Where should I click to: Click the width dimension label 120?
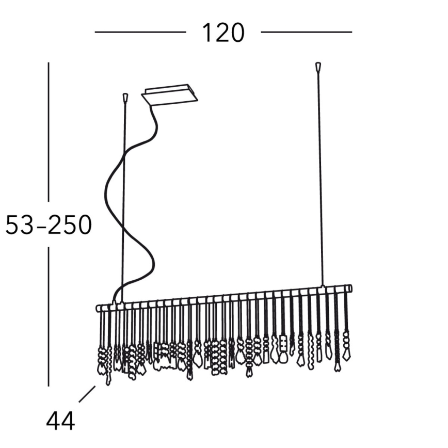click(x=223, y=33)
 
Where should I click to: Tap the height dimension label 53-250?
click(x=49, y=225)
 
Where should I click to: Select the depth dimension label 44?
click(x=60, y=421)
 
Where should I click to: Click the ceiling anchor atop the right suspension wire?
click(x=318, y=67)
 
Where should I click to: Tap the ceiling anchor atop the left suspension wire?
click(x=125, y=98)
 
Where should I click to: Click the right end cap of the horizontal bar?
click(x=350, y=288)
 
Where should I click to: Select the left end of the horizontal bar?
click(x=98, y=309)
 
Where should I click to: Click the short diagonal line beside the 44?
click(x=87, y=394)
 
